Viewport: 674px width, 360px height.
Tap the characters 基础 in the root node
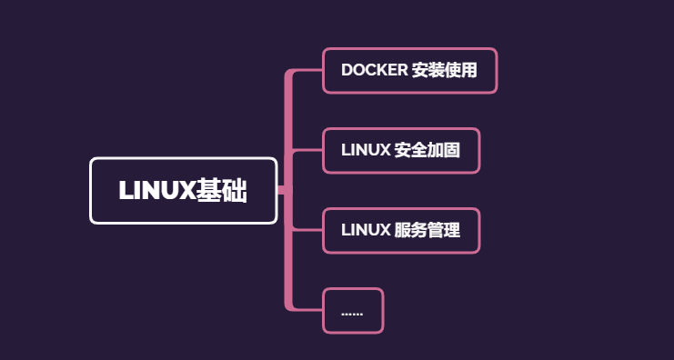[x=222, y=191]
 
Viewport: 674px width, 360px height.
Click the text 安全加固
[x=427, y=150]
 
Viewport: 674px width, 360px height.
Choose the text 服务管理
[x=427, y=230]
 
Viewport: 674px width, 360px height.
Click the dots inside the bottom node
[x=352, y=312]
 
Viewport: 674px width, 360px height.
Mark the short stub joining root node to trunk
[x=281, y=190]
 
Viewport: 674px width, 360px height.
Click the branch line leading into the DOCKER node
[x=307, y=71]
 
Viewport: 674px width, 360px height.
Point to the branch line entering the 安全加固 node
[x=307, y=151]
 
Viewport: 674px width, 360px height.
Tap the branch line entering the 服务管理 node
[x=307, y=231]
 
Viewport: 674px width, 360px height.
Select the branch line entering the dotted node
[x=307, y=310]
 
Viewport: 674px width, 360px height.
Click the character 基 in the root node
[x=210, y=191]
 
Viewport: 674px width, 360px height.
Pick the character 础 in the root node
[x=235, y=191]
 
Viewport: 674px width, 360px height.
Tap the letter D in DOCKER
[x=347, y=70]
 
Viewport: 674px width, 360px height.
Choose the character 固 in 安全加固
[x=451, y=150]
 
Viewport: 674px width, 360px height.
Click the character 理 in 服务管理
[x=451, y=230]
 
